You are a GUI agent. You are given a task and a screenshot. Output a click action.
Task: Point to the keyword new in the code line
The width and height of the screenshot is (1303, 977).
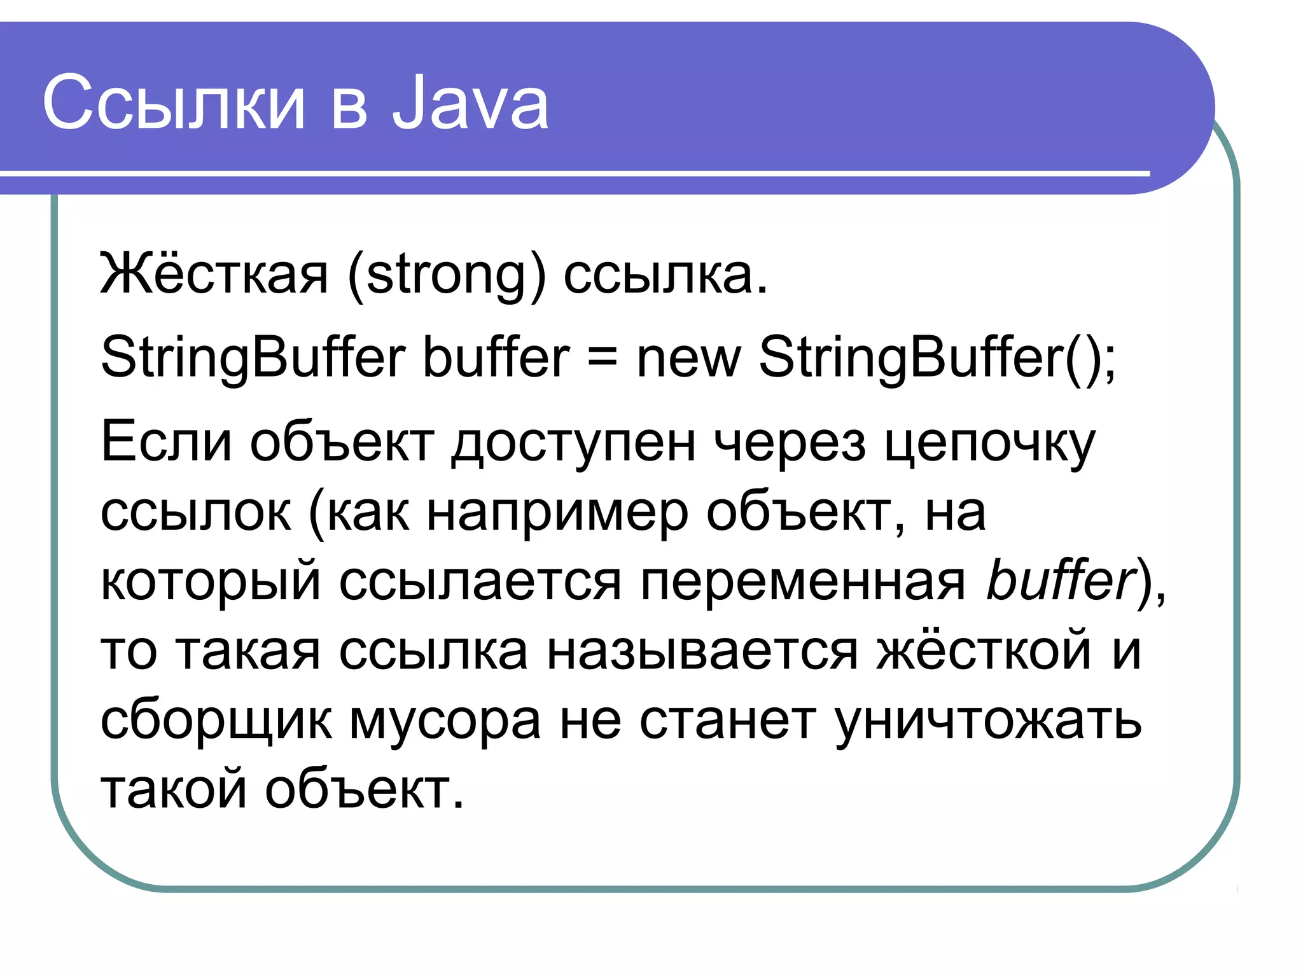pyautogui.click(x=688, y=357)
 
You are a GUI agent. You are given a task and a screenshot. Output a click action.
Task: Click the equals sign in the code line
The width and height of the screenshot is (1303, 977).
pyautogui.click(x=602, y=357)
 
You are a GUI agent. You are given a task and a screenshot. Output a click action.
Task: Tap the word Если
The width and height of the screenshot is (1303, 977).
pyautogui.click(x=166, y=441)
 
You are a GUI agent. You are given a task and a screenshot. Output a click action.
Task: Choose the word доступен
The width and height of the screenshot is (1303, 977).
pyautogui.click(x=573, y=443)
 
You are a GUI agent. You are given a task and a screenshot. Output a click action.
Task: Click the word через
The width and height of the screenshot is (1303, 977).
pyautogui.click(x=790, y=443)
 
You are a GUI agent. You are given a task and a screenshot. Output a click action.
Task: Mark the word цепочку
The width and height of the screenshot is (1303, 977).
pyautogui.click(x=990, y=443)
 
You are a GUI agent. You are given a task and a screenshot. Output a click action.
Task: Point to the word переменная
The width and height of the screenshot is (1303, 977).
pyautogui.click(x=803, y=582)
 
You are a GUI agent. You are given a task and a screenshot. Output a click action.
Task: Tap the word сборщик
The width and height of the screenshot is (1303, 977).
pyautogui.click(x=216, y=722)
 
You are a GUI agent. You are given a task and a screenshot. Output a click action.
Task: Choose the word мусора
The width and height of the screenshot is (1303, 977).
pyautogui.click(x=445, y=722)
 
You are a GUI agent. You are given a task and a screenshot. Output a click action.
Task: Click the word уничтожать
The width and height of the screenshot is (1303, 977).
pyautogui.click(x=988, y=722)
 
